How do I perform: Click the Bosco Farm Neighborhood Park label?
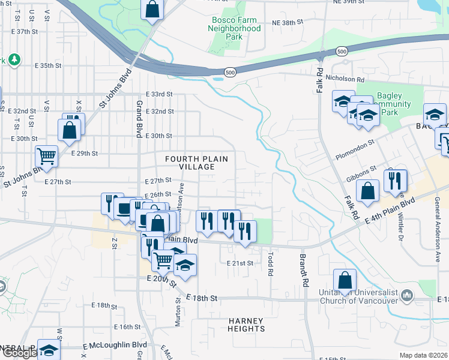(x=236, y=28)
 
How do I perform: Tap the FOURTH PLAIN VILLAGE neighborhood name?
(x=197, y=162)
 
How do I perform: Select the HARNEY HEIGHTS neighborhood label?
(x=247, y=325)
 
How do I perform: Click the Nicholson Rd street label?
(x=345, y=79)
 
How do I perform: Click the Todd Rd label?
(x=271, y=263)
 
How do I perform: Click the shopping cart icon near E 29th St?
(x=46, y=156)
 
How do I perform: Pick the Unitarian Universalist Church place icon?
(x=408, y=295)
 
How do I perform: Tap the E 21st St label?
(x=241, y=263)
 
